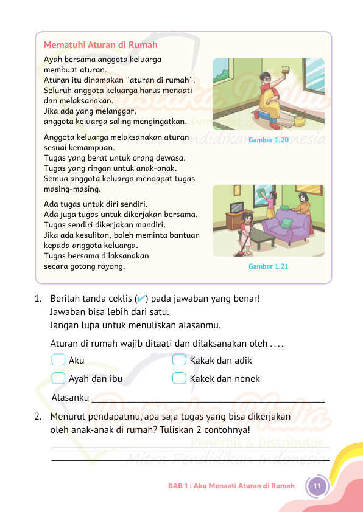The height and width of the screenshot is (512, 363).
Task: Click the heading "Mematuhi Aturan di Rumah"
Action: (x=100, y=45)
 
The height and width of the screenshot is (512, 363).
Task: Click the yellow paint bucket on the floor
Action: (x=299, y=120)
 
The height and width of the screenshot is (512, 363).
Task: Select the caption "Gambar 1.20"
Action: (x=268, y=140)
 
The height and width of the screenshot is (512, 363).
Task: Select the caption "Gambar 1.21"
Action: (x=268, y=266)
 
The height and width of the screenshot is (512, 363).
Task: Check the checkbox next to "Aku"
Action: (x=59, y=361)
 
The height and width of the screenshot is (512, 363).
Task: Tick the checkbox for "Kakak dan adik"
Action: (x=179, y=361)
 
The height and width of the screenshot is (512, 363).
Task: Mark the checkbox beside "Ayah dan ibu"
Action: (x=59, y=378)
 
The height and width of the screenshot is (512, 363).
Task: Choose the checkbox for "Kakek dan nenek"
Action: (x=179, y=378)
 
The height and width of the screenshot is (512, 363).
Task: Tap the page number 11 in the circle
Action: (x=317, y=486)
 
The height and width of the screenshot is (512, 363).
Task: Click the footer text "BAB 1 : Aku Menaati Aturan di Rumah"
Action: (x=231, y=486)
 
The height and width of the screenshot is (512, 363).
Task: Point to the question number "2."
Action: (x=39, y=417)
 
